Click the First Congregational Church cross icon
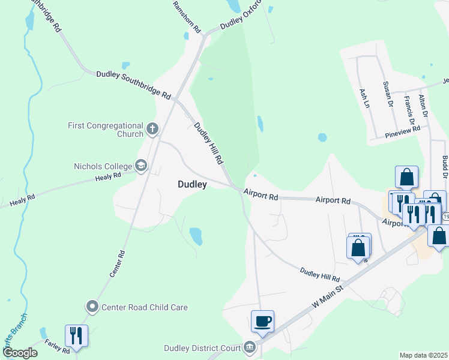click(x=152, y=128)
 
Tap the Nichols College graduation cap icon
click(x=141, y=166)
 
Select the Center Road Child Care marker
click(x=92, y=307)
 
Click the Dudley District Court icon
click(x=250, y=347)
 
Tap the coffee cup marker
click(x=262, y=321)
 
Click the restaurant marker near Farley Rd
click(x=76, y=335)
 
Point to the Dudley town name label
click(x=192, y=185)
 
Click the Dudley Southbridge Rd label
click(x=134, y=85)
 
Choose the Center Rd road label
click(x=116, y=264)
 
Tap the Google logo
click(x=20, y=353)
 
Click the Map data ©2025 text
click(x=423, y=355)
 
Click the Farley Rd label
click(x=57, y=347)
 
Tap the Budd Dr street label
click(x=445, y=166)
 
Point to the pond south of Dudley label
click(x=196, y=236)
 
